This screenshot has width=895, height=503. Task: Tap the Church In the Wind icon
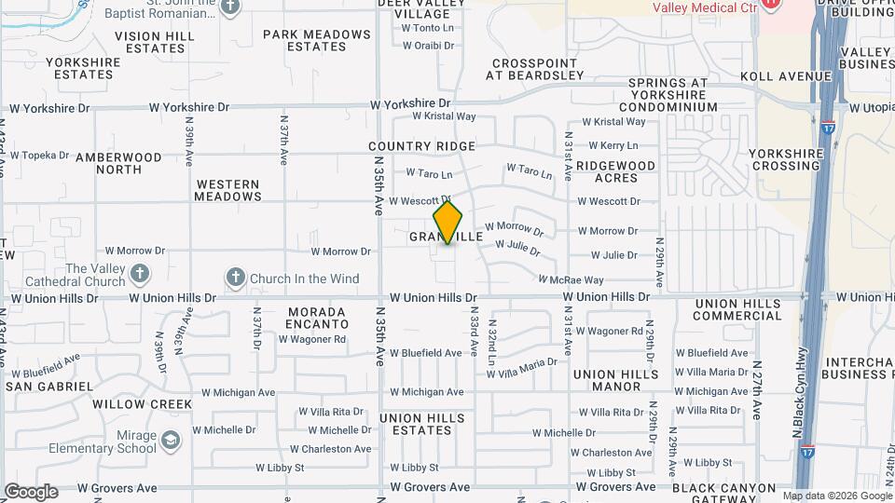pyautogui.click(x=236, y=278)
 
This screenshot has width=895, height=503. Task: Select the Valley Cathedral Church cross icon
pyautogui.click(x=139, y=273)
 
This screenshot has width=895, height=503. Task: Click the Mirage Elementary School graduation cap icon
pyautogui.click(x=170, y=440)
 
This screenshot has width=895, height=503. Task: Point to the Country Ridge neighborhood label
pyautogui.click(x=421, y=146)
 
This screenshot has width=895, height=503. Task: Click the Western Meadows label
pyautogui.click(x=228, y=190)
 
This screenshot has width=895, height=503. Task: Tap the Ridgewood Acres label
pyautogui.click(x=615, y=171)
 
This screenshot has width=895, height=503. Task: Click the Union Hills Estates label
pyautogui.click(x=421, y=424)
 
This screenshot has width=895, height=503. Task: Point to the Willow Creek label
pyautogui.click(x=142, y=404)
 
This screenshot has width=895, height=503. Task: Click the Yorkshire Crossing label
pyautogui.click(x=784, y=159)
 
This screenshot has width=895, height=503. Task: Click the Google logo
pyautogui.click(x=31, y=492)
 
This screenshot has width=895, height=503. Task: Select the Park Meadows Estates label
pyautogui.click(x=317, y=40)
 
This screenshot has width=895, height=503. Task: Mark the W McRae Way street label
pyautogui.click(x=571, y=279)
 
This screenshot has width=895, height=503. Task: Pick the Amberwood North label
pyautogui.click(x=118, y=163)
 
